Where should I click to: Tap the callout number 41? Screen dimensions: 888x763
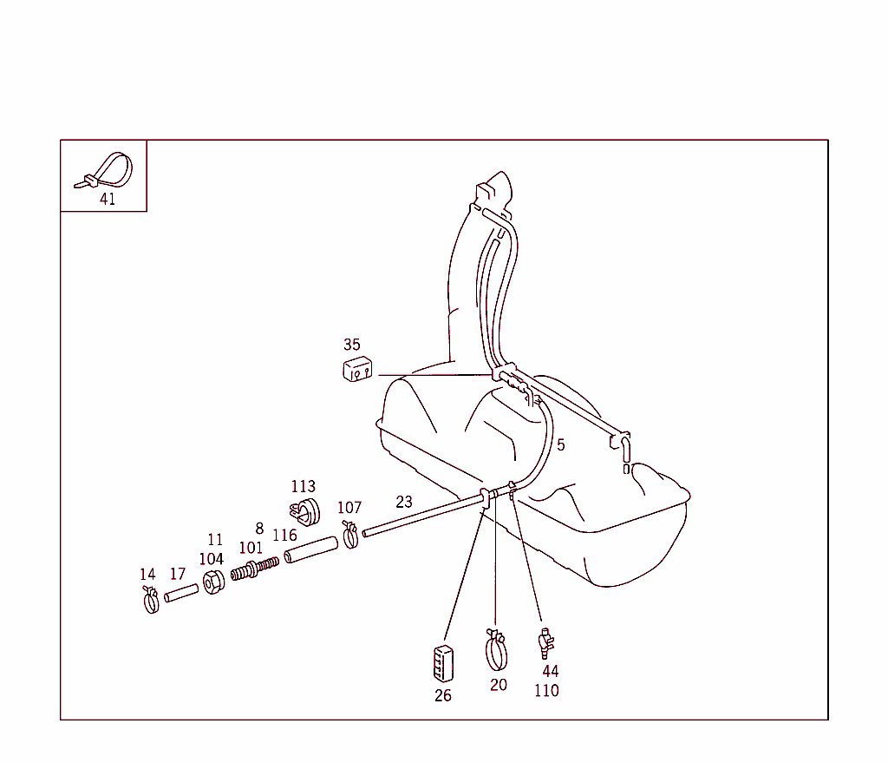108,199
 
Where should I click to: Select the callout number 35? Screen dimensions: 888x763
352,344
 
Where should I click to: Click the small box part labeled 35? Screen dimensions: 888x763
357,369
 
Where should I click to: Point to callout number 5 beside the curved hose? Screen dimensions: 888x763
561,445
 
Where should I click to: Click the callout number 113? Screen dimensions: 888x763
303,486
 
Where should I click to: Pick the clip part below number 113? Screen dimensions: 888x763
305,512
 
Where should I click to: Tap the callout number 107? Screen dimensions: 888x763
349,507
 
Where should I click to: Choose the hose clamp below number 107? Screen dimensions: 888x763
350,535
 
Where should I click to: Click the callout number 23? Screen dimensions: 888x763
404,502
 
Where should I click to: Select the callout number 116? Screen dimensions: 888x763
284,535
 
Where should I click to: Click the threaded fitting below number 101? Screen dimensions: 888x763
255,569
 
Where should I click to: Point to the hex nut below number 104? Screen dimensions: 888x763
213,582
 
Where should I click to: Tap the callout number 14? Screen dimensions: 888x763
147,575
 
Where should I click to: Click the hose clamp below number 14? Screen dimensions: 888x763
151,601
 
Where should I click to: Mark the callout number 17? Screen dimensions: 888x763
178,575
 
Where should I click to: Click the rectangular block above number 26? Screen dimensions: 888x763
443,663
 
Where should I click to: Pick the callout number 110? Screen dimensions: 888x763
546,690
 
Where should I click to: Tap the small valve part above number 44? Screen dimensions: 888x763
546,643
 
